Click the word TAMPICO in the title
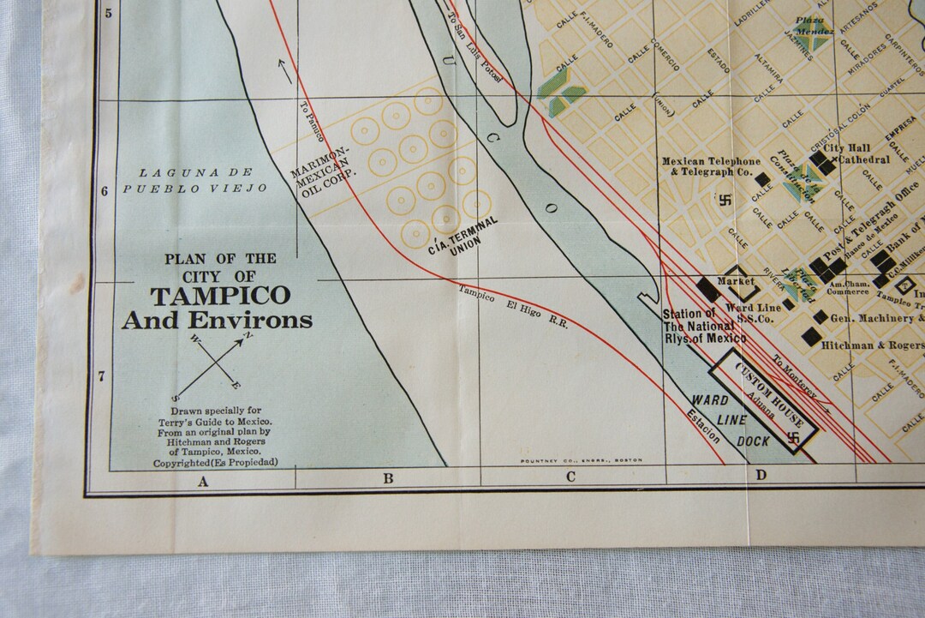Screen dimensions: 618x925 (x=220, y=297)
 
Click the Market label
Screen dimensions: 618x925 (x=736, y=281)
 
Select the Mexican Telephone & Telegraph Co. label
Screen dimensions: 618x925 (x=710, y=166)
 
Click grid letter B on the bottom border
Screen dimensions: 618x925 (x=388, y=478)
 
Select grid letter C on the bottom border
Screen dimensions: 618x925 (x=570, y=477)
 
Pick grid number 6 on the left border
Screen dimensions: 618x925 (x=104, y=190)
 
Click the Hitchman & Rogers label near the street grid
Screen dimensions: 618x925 (x=872, y=345)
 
